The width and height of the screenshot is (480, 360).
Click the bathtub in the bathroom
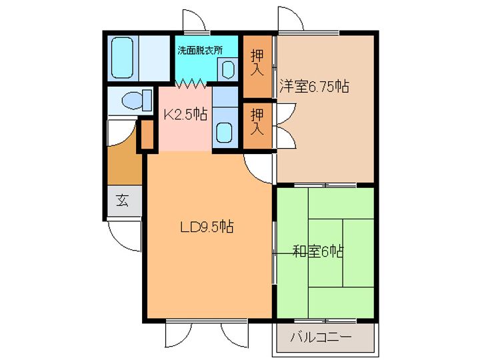pos(122,57)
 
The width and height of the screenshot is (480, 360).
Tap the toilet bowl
pos(132,100)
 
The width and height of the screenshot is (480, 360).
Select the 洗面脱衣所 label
pos(200,50)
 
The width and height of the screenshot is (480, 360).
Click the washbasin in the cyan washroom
pos(228,69)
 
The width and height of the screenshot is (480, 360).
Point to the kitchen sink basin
pos(225,133)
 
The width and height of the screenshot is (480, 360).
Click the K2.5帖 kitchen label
pos(185,115)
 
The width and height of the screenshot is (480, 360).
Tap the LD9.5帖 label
pos(207,227)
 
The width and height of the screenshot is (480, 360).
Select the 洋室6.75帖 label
pos(315,86)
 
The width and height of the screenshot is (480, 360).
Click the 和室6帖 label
pos(319,251)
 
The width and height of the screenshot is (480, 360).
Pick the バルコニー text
pos(321,337)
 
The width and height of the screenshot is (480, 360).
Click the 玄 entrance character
pos(123,201)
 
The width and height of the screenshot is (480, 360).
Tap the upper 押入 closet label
pos(257,63)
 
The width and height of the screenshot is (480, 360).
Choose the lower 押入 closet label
pos(257,122)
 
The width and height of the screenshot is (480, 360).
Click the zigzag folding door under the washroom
pos(191,83)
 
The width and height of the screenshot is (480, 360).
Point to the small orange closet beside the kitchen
pos(147,135)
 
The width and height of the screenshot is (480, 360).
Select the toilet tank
pos(147,101)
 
